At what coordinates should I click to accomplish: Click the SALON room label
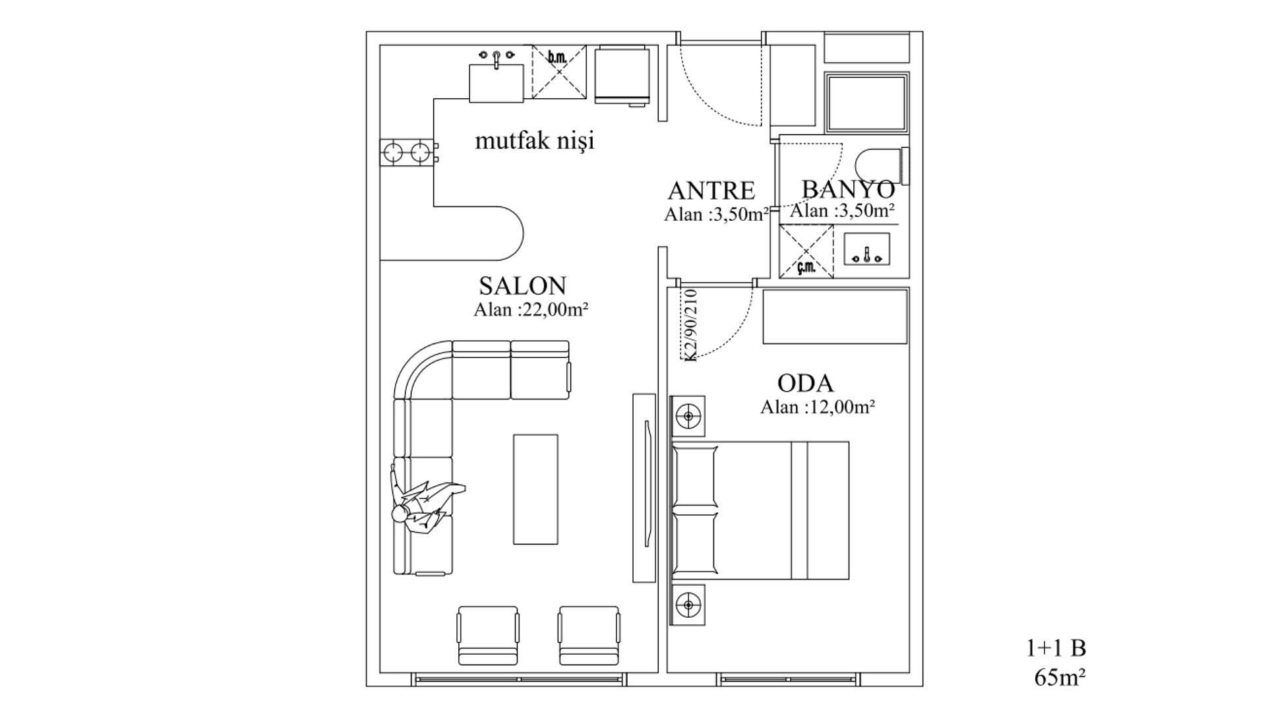click(x=522, y=286)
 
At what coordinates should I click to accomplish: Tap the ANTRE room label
click(x=711, y=191)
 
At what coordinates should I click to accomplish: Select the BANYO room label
click(x=848, y=189)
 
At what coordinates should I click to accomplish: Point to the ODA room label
click(x=805, y=383)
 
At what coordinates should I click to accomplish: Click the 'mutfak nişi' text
click(x=535, y=140)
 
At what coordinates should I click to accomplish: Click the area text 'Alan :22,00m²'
click(x=531, y=310)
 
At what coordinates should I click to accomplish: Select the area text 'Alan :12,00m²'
click(x=818, y=407)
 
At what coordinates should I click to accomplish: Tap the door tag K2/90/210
click(x=690, y=325)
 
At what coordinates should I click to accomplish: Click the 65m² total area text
click(x=1060, y=677)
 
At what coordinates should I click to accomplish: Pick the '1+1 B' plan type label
click(x=1056, y=648)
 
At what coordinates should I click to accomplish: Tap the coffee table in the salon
click(x=535, y=489)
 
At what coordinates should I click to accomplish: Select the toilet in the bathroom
click(x=882, y=166)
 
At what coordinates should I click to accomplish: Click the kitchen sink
click(x=497, y=78)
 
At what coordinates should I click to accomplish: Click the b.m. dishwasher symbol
click(x=559, y=72)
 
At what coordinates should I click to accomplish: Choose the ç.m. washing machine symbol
click(x=806, y=251)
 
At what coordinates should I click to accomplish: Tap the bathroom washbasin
click(x=867, y=250)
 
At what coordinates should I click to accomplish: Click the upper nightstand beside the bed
click(x=688, y=416)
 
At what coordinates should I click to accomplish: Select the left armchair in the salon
click(x=487, y=636)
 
